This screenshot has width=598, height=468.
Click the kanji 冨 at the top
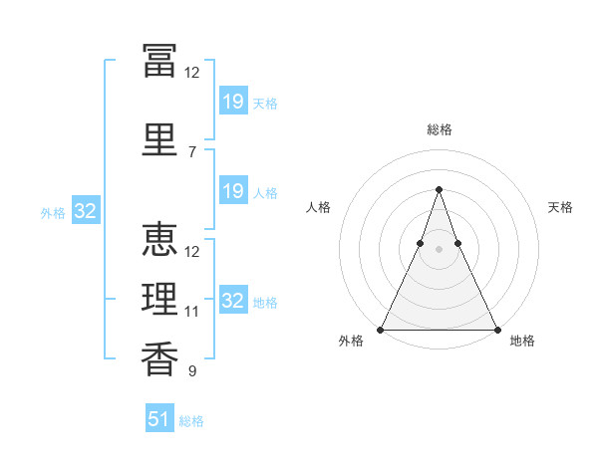point(159,61)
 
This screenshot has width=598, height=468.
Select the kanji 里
point(159,139)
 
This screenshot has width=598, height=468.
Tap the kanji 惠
point(159,239)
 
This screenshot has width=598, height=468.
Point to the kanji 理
point(159,299)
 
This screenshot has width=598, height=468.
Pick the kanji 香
point(159,358)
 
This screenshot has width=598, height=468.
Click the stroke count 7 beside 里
point(192,152)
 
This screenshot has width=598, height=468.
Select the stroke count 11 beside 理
point(191,312)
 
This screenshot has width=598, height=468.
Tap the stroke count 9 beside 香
point(192,370)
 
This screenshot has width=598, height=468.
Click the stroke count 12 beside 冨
point(191,73)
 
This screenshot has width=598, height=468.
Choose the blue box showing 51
point(159,417)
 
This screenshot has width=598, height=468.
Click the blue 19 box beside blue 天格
point(233,101)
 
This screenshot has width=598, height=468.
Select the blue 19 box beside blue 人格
point(233,190)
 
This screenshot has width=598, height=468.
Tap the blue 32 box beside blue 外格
point(86,210)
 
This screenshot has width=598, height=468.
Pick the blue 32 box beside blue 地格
point(233,299)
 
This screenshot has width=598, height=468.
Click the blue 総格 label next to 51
point(191,421)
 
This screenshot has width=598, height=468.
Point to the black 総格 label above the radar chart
point(440,129)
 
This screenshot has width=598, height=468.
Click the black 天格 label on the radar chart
point(560,207)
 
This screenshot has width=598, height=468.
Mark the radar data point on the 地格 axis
point(497,330)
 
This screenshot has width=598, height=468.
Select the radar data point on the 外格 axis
point(381,330)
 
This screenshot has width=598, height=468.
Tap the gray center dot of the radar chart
point(439,249)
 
